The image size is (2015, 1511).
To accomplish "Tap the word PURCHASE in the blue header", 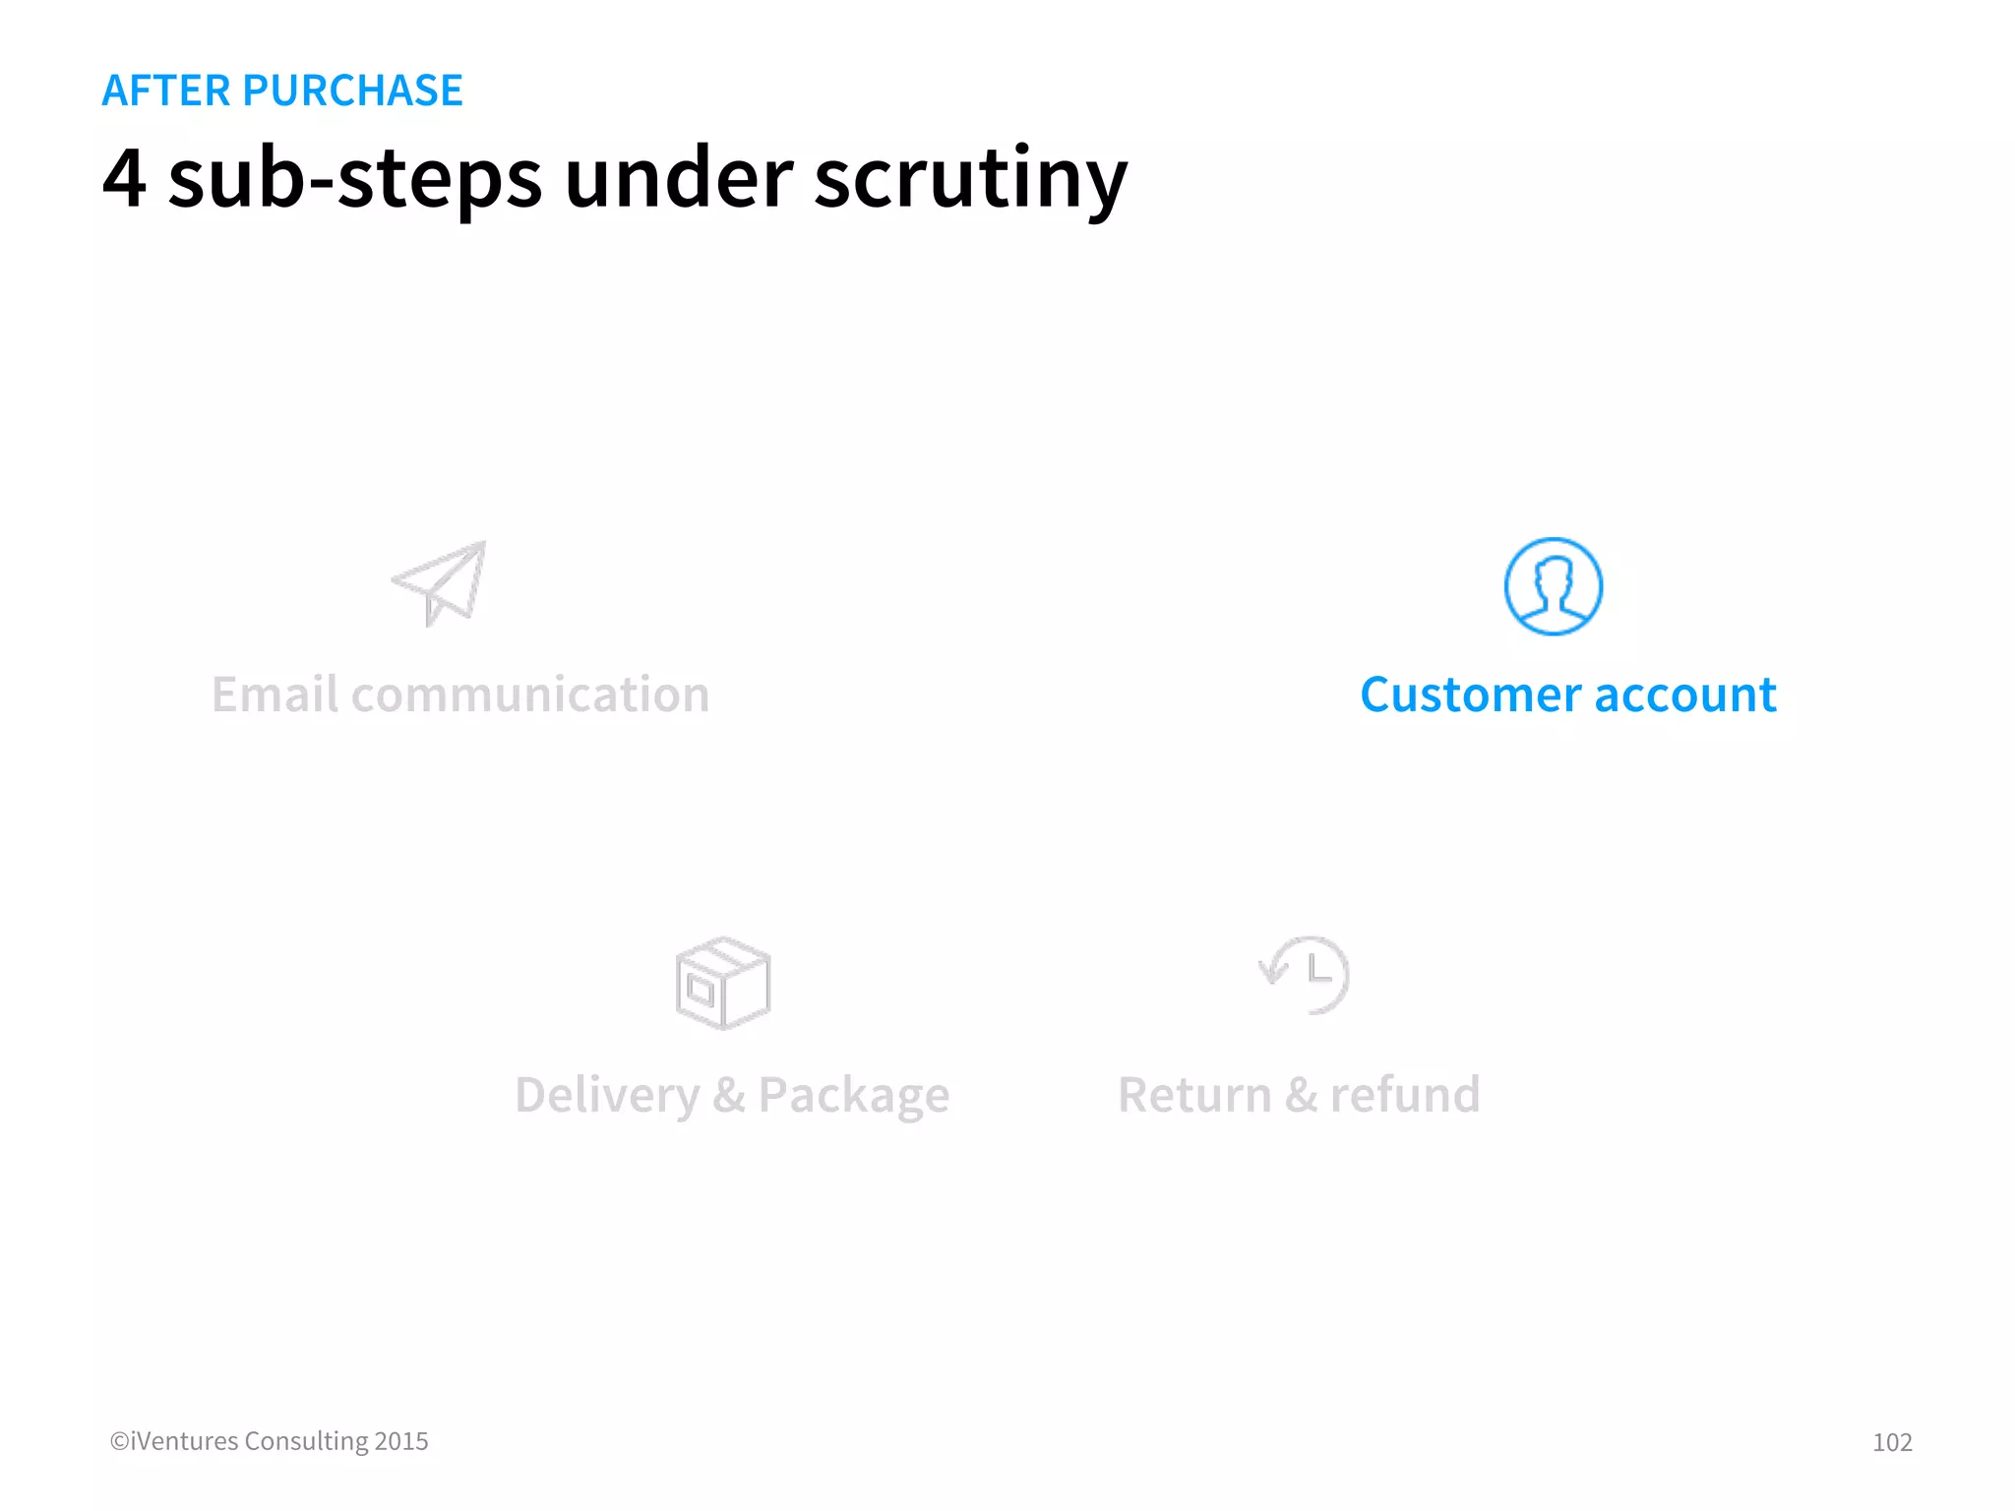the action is [x=352, y=91].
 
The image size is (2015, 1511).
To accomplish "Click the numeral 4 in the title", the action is [x=125, y=179].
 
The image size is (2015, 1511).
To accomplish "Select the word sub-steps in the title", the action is [x=355, y=179].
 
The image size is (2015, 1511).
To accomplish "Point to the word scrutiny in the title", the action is [x=970, y=179].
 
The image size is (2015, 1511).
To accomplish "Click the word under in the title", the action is [x=679, y=179].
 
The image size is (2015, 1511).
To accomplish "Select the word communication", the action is [x=530, y=695].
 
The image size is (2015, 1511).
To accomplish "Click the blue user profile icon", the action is [x=1553, y=586].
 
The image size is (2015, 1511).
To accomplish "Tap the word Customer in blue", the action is [x=1470, y=695].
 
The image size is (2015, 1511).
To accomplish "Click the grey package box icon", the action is [x=723, y=983].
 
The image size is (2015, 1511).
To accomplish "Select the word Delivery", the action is [x=606, y=1095].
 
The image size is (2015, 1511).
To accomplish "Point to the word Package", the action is [x=853, y=1095].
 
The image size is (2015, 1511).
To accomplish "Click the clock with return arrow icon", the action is [x=1306, y=974].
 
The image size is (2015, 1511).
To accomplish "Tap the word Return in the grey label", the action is [x=1194, y=1095].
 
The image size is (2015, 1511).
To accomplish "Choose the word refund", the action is [x=1404, y=1095].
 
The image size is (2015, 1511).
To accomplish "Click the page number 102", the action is [x=1891, y=1442].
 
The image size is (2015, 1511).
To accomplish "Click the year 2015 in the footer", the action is [x=401, y=1441].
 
